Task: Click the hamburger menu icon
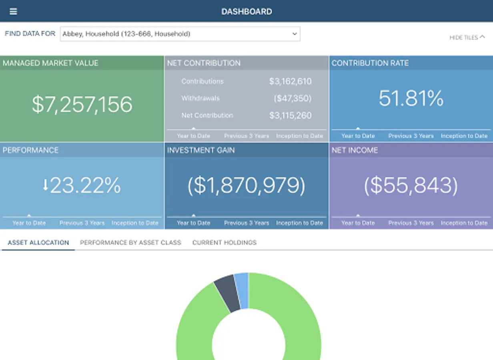click(13, 11)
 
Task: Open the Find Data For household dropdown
click(180, 34)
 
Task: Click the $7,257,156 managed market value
click(82, 104)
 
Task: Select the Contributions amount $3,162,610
click(290, 82)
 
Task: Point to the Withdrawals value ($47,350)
click(292, 98)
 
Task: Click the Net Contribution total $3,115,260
click(290, 116)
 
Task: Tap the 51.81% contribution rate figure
click(411, 98)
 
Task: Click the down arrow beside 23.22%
click(46, 185)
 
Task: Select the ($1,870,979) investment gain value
click(246, 186)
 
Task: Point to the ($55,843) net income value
click(411, 186)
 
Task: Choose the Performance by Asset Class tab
click(130, 242)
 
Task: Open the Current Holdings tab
click(224, 242)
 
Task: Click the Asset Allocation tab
click(38, 242)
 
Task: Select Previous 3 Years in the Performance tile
click(82, 223)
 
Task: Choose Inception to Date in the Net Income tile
click(464, 223)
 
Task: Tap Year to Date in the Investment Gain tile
click(194, 223)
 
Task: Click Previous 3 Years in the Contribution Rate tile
click(411, 136)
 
